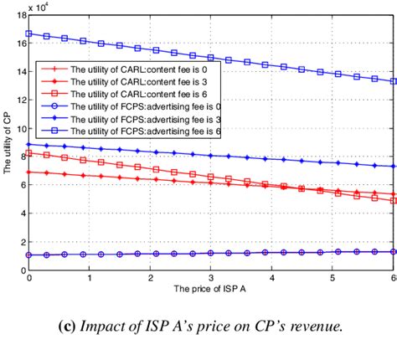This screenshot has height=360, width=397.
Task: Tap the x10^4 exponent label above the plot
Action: (x=37, y=7)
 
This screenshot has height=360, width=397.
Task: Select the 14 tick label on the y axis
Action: (x=21, y=71)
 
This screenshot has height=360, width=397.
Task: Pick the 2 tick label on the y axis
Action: (x=23, y=242)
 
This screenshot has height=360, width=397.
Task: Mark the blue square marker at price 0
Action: (x=29, y=33)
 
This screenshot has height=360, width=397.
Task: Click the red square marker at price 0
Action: (x=29, y=153)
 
